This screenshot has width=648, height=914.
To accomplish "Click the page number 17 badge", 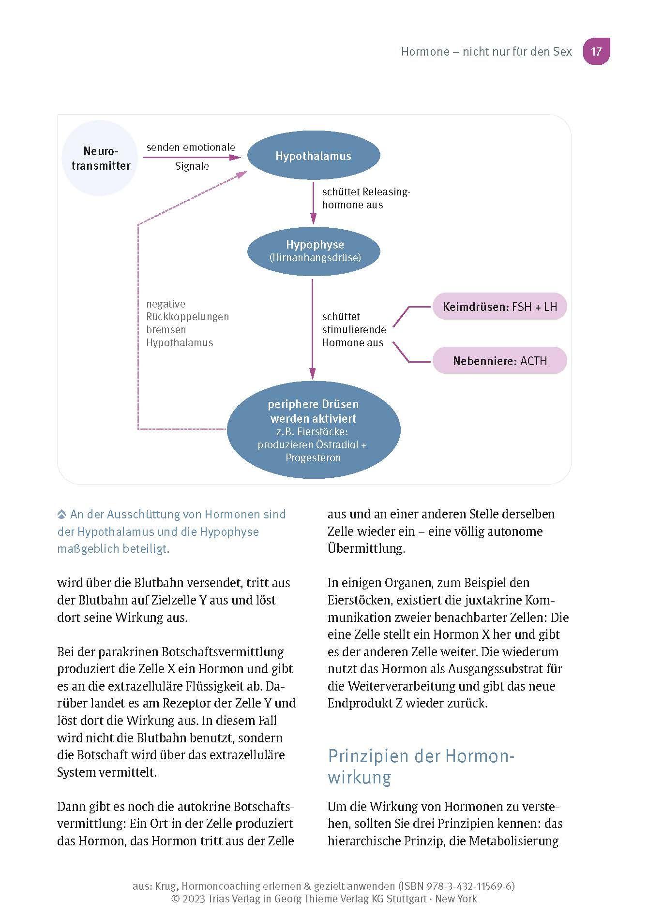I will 596,51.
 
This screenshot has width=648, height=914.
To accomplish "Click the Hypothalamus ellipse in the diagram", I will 313,156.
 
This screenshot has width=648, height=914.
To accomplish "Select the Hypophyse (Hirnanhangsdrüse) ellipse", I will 314,251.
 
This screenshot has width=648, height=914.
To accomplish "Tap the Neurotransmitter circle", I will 101,159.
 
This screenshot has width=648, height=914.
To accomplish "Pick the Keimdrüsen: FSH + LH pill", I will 499,307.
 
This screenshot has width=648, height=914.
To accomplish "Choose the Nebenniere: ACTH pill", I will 499,361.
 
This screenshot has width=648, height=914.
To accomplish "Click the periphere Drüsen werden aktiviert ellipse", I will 314,430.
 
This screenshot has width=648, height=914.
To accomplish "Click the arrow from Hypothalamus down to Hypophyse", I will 313,203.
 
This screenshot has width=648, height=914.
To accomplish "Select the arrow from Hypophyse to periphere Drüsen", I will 313,329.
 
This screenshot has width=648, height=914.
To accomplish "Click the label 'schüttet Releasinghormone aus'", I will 365,198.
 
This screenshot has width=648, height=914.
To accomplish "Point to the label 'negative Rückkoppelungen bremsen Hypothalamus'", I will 187,324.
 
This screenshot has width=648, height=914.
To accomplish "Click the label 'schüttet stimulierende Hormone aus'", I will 354,330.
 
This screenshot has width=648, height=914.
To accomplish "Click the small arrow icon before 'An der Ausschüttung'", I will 61,515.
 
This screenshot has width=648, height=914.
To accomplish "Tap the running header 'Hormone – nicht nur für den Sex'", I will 486,52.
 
